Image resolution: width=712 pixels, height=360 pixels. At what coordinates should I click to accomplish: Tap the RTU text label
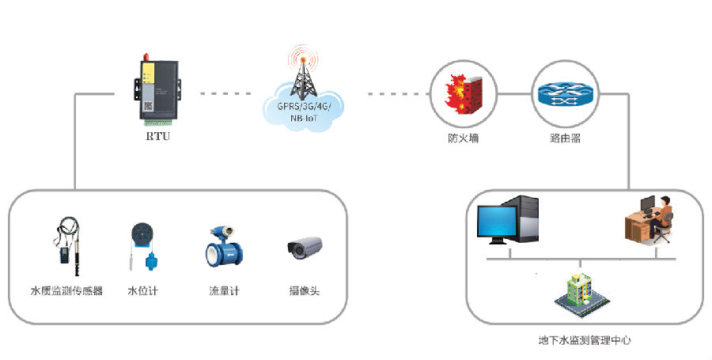[157, 137]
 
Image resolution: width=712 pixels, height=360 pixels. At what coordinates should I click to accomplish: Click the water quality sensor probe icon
[66, 245]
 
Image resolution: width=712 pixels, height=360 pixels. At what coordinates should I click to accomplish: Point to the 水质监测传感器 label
[67, 291]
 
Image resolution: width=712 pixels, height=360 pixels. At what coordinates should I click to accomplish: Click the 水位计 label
[143, 291]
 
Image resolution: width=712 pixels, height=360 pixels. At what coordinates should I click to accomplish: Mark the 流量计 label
[224, 291]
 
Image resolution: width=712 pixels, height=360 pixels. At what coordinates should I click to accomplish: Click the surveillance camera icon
[305, 248]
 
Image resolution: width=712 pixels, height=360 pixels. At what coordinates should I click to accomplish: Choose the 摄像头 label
[305, 291]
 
